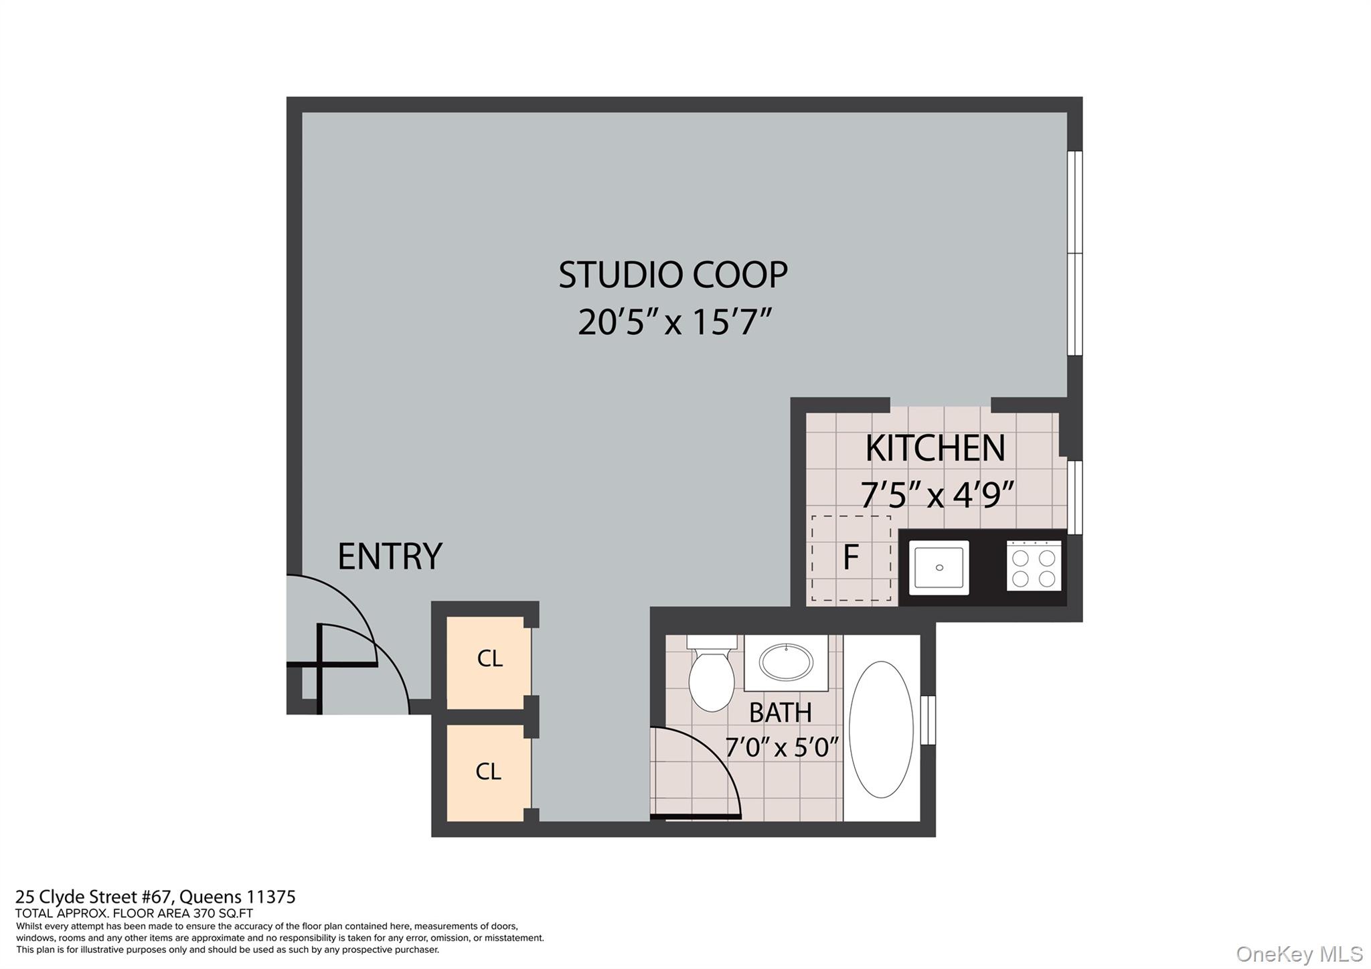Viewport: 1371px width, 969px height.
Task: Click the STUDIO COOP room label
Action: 673,275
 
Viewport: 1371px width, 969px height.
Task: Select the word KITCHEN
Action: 935,448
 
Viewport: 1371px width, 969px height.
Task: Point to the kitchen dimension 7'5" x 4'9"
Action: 937,495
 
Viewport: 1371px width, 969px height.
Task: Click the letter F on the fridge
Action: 850,557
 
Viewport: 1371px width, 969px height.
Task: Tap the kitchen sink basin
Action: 939,567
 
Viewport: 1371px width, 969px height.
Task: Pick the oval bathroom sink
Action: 786,662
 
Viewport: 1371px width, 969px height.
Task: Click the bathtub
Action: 881,729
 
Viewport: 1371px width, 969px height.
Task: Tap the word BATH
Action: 780,713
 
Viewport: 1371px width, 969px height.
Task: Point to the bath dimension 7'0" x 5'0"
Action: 781,746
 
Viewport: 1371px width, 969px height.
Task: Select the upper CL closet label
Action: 489,659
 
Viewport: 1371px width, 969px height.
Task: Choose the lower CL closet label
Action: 488,771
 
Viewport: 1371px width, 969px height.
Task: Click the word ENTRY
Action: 390,556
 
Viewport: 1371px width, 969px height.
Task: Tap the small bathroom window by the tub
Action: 928,720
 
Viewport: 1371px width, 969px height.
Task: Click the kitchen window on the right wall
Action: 1074,497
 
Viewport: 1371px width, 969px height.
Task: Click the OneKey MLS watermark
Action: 1299,954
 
